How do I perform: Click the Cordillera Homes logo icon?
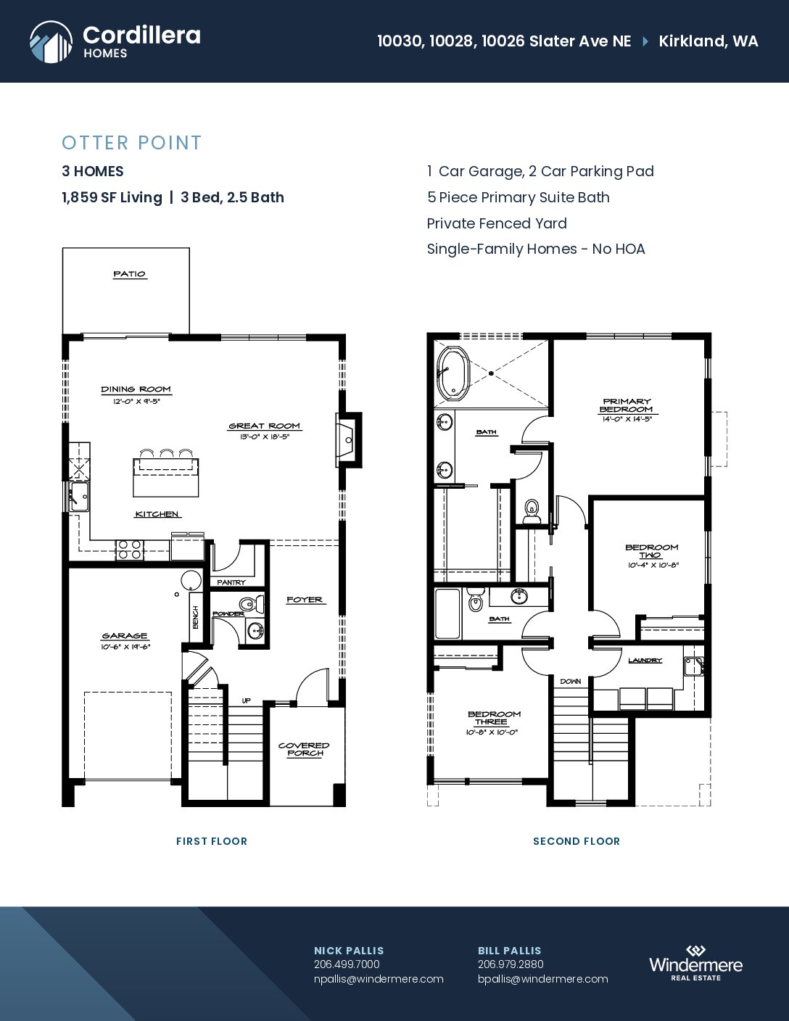pyautogui.click(x=51, y=42)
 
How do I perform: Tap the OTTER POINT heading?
pyautogui.click(x=131, y=143)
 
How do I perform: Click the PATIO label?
pyautogui.click(x=129, y=274)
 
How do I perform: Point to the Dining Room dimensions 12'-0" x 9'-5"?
pyautogui.click(x=136, y=401)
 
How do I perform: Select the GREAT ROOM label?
pyautogui.click(x=264, y=426)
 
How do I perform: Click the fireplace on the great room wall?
pyautogui.click(x=348, y=439)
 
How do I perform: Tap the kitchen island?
pyautogui.click(x=165, y=477)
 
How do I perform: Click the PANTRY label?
pyautogui.click(x=231, y=582)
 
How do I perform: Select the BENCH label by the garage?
pyautogui.click(x=196, y=617)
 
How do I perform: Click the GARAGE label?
pyautogui.click(x=125, y=636)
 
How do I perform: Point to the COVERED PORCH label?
pyautogui.click(x=304, y=749)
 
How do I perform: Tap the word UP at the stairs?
pyautogui.click(x=247, y=700)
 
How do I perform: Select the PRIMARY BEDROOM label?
pyautogui.click(x=627, y=405)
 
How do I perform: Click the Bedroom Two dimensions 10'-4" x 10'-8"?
pyautogui.click(x=653, y=565)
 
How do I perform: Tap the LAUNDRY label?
pyautogui.click(x=645, y=660)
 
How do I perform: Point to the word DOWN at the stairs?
pyautogui.click(x=571, y=682)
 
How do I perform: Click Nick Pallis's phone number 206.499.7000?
pyautogui.click(x=347, y=964)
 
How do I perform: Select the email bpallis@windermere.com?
pyautogui.click(x=542, y=979)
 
